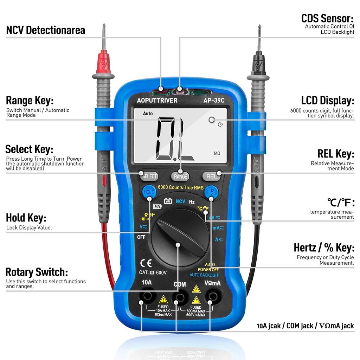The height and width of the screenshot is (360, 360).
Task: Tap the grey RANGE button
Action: point(180,176)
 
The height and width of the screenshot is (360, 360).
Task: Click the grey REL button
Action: point(212,176)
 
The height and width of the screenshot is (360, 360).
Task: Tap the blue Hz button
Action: point(212,192)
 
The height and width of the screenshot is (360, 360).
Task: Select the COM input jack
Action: point(180,298)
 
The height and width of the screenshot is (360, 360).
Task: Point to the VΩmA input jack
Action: point(212,296)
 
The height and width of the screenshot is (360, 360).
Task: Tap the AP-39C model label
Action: point(214,101)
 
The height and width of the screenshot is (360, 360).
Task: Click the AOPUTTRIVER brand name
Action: point(157,101)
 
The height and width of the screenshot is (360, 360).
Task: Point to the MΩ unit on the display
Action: point(217,154)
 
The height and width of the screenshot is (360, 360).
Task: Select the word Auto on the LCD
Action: point(148,114)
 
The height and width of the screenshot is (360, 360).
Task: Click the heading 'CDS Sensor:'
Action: point(327,18)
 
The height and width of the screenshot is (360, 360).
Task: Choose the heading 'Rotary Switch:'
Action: point(37,272)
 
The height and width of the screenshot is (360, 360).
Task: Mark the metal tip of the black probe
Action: point(259,33)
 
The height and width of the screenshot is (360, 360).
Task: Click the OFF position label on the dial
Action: point(141,237)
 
